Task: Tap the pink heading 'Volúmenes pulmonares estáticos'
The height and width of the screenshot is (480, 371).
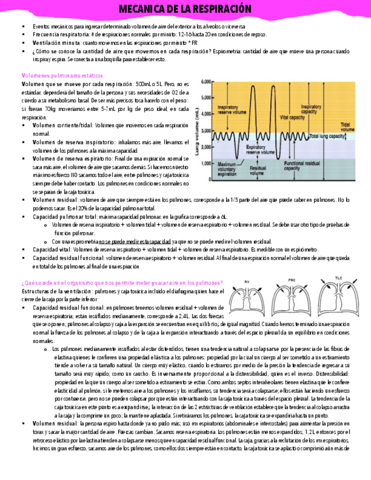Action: pos(62,75)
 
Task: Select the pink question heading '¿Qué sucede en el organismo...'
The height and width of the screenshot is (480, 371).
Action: pos(122,282)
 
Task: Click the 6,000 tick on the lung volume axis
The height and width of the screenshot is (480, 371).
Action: pos(206,81)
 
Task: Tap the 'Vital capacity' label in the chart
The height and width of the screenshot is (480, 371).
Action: pos(292,117)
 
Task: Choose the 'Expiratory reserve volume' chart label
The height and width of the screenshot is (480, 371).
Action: pos(260,150)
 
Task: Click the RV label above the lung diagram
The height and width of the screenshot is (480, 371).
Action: pos(247,281)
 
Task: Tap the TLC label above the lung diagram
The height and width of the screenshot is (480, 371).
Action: pos(339,279)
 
